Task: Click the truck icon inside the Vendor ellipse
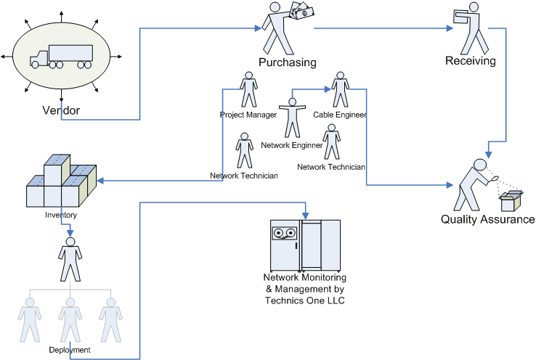[x=61, y=57]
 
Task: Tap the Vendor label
[x=61, y=110]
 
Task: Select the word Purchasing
[x=288, y=62]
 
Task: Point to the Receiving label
[x=471, y=61]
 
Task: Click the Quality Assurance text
[x=487, y=219]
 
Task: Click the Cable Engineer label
[x=340, y=115]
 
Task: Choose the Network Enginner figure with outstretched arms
[x=292, y=116]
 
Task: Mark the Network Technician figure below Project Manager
[x=245, y=151]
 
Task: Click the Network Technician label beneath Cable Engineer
[x=331, y=167]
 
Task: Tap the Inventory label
[x=61, y=215]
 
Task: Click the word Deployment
[x=70, y=350]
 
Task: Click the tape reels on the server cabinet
[x=284, y=234]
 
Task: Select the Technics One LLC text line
[x=305, y=300]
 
